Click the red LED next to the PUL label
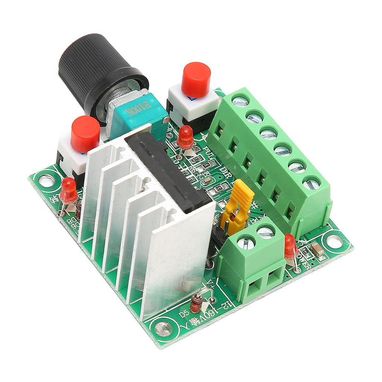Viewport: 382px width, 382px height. coord(185,137)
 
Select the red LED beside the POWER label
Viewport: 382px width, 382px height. coord(291,247)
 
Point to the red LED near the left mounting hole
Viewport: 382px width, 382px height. coord(69,190)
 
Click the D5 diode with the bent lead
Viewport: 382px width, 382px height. coord(197,302)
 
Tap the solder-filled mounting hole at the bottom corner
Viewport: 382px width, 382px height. coord(163,328)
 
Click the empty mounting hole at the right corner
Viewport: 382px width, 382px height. coord(335,242)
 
